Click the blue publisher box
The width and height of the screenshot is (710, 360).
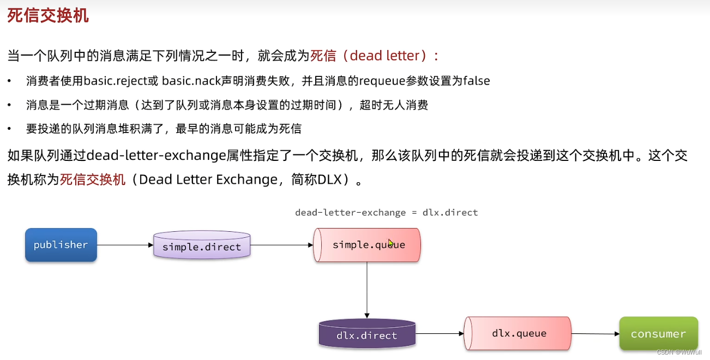[61, 245]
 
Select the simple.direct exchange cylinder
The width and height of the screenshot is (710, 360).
[202, 246]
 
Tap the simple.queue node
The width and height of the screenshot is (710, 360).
[368, 245]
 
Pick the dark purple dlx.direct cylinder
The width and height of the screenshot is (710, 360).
[366, 334]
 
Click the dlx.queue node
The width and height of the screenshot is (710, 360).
[518, 333]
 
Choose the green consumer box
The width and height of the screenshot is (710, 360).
[658, 333]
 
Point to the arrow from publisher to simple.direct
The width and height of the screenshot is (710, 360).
[125, 245]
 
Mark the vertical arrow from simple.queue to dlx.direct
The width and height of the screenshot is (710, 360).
[367, 289]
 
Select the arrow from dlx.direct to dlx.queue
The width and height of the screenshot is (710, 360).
[439, 334]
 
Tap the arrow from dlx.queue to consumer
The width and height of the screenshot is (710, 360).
[595, 334]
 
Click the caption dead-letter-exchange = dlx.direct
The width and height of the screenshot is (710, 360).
[386, 212]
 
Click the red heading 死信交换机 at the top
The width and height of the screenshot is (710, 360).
[48, 16]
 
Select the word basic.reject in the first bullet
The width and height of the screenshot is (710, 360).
[121, 81]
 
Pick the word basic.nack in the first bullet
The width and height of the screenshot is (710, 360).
[189, 81]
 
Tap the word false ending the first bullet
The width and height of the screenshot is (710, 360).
[477, 81]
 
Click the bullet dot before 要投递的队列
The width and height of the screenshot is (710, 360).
[9, 129]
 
